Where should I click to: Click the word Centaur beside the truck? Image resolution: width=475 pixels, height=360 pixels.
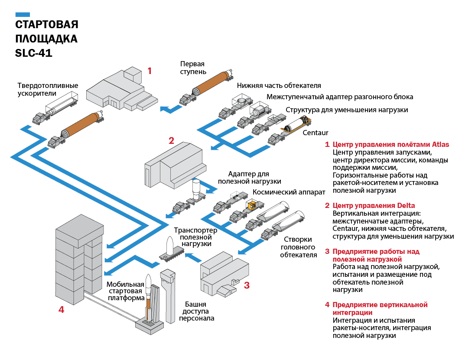coord(316,133)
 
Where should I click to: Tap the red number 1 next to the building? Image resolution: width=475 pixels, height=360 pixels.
coord(150,71)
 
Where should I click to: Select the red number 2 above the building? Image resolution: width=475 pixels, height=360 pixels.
coord(171,140)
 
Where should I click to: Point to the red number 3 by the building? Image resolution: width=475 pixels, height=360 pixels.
coord(247,285)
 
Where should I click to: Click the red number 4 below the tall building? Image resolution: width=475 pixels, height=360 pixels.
coord(61,309)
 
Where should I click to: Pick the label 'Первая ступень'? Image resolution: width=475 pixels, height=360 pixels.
coord(193,68)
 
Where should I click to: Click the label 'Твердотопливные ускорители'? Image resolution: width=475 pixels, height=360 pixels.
coord(48,89)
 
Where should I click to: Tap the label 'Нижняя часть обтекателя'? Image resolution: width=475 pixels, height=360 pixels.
coord(279,86)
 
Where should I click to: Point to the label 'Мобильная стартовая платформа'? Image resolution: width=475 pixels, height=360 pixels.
coord(126,291)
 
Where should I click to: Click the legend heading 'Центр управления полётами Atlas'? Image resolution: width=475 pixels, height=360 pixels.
coord(390,144)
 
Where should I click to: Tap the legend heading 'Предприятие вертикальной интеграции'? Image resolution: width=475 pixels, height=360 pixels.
coord(380,308)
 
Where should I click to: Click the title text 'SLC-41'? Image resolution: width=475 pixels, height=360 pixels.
coord(34,54)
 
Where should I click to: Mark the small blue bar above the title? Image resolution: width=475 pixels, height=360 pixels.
coord(23,14)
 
